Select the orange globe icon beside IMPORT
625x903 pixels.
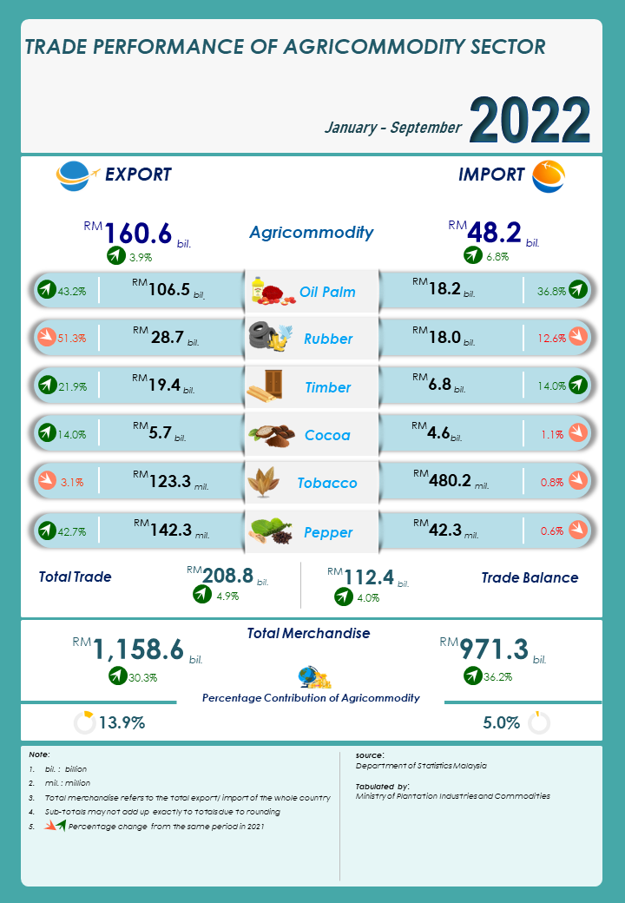pos(548,176)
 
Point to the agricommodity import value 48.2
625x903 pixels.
pos(494,233)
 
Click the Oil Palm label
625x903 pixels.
pos(327,292)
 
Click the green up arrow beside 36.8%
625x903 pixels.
pos(578,291)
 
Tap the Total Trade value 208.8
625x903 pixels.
pos(227,575)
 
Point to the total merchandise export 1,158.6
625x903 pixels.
pos(138,649)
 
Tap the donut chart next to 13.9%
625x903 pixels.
pos(84,722)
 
